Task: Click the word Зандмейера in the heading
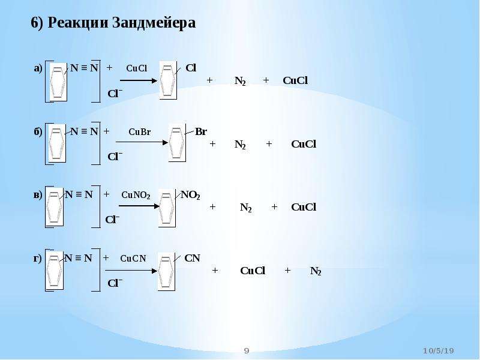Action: click(154, 23)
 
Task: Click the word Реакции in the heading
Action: click(78, 23)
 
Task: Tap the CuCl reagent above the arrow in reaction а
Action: click(137, 68)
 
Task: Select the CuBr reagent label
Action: click(140, 132)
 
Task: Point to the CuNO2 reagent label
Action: click(136, 196)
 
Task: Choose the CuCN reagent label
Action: click(133, 259)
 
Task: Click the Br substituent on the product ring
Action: click(201, 131)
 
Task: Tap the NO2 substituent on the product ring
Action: click(190, 195)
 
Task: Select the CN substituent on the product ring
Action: click(192, 259)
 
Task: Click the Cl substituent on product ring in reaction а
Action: click(191, 68)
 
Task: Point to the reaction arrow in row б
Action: click(142, 142)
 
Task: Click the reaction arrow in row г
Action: click(131, 271)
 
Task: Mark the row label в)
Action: click(38, 195)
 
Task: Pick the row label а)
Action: click(38, 68)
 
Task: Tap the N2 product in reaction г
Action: click(316, 271)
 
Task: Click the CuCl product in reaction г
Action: click(253, 271)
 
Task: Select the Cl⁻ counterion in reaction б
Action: click(115, 157)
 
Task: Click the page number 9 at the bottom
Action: click(247, 351)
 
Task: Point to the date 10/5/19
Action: click(439, 351)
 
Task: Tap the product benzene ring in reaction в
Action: click(167, 208)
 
